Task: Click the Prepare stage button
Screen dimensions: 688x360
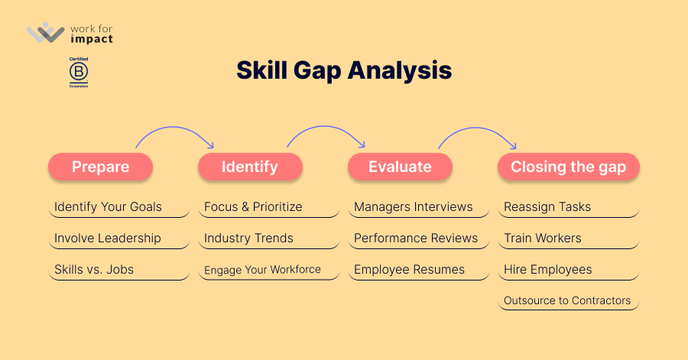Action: click(x=100, y=167)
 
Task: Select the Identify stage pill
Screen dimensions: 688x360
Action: click(x=250, y=167)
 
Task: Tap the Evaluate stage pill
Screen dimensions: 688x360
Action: click(x=400, y=167)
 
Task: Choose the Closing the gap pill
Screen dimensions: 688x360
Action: click(x=569, y=167)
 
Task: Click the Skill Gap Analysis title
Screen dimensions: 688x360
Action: click(x=344, y=70)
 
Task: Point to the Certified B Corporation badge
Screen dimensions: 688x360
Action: click(x=79, y=73)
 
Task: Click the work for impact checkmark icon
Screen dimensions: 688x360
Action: click(x=46, y=33)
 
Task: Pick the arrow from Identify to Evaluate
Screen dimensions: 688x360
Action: click(x=326, y=126)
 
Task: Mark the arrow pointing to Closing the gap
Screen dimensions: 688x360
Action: click(x=477, y=128)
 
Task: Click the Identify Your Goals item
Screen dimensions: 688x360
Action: click(x=108, y=206)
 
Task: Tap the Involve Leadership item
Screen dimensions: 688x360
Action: click(x=108, y=238)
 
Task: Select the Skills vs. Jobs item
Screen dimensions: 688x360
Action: click(x=94, y=269)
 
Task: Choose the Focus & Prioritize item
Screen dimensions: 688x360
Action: click(x=253, y=206)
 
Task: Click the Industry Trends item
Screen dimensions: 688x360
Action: click(x=248, y=238)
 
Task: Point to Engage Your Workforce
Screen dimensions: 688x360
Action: click(x=262, y=270)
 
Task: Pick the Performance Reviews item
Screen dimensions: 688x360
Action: click(x=416, y=238)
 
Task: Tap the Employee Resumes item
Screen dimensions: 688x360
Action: click(x=410, y=269)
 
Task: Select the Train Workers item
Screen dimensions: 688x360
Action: click(x=543, y=238)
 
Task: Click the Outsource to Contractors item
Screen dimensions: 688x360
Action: click(x=567, y=300)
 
